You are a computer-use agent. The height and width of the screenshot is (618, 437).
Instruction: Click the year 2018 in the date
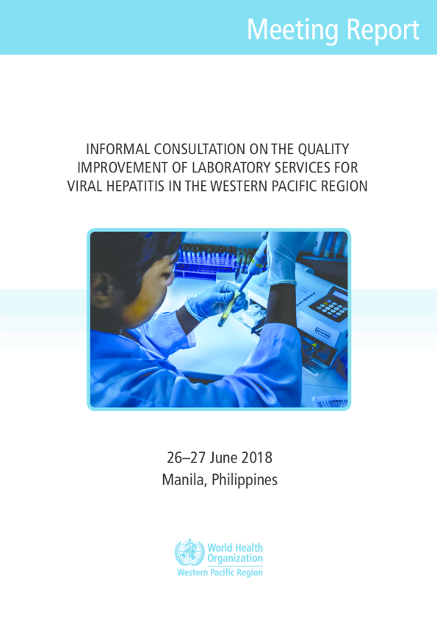point(257,458)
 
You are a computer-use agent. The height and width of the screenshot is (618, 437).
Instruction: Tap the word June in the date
point(223,458)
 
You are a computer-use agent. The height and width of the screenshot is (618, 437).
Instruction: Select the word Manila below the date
point(184,480)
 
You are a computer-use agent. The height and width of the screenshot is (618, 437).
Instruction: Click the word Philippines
point(245,481)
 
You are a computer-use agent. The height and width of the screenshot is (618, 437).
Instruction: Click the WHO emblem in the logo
point(189,552)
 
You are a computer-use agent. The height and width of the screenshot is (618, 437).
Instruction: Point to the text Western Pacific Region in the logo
point(220,572)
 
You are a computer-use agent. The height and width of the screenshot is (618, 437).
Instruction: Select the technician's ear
point(101,289)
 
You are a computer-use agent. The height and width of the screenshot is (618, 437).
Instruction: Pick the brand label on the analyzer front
point(322,333)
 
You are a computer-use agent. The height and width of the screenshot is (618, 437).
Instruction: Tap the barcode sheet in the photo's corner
point(331,402)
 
